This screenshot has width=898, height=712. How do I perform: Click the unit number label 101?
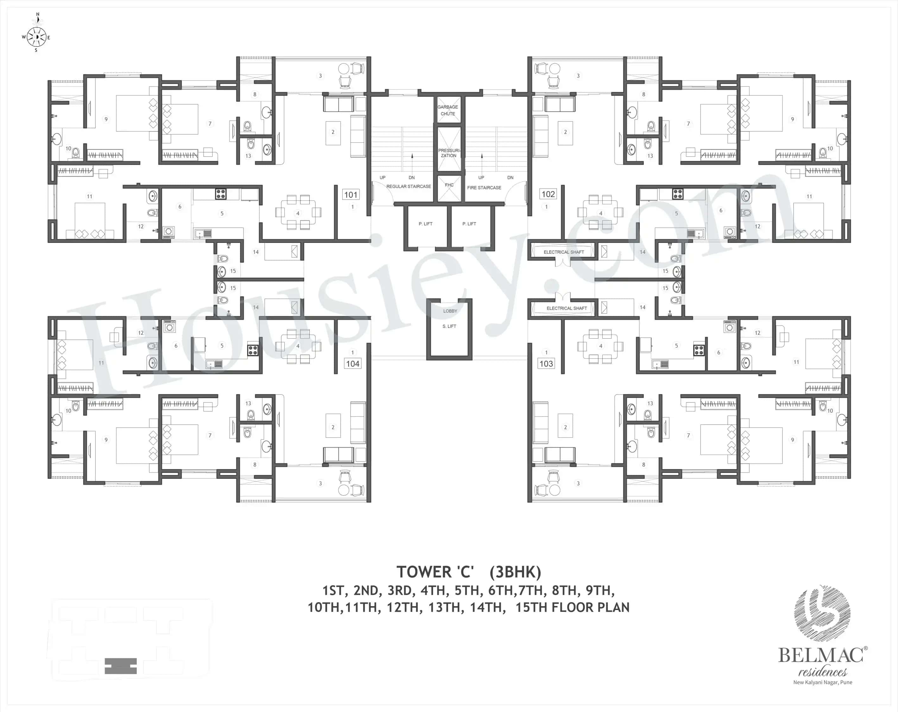click(351, 194)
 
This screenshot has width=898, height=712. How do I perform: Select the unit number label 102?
click(548, 194)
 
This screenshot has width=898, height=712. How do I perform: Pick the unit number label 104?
click(352, 364)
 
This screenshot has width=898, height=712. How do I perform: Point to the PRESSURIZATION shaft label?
click(449, 153)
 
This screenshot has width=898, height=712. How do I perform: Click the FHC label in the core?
click(449, 185)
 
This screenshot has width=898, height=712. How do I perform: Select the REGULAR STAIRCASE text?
click(408, 187)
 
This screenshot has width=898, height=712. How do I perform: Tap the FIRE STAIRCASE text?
click(484, 188)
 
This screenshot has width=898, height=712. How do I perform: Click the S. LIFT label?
click(449, 326)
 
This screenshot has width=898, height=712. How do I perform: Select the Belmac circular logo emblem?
click(822, 614)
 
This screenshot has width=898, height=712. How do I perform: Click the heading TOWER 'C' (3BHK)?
click(469, 572)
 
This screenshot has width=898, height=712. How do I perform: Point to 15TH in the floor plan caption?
click(531, 607)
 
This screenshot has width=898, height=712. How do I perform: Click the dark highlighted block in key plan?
click(121, 666)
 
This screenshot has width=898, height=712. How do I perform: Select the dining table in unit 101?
click(298, 213)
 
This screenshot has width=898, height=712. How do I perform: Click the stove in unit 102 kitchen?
click(678, 194)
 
